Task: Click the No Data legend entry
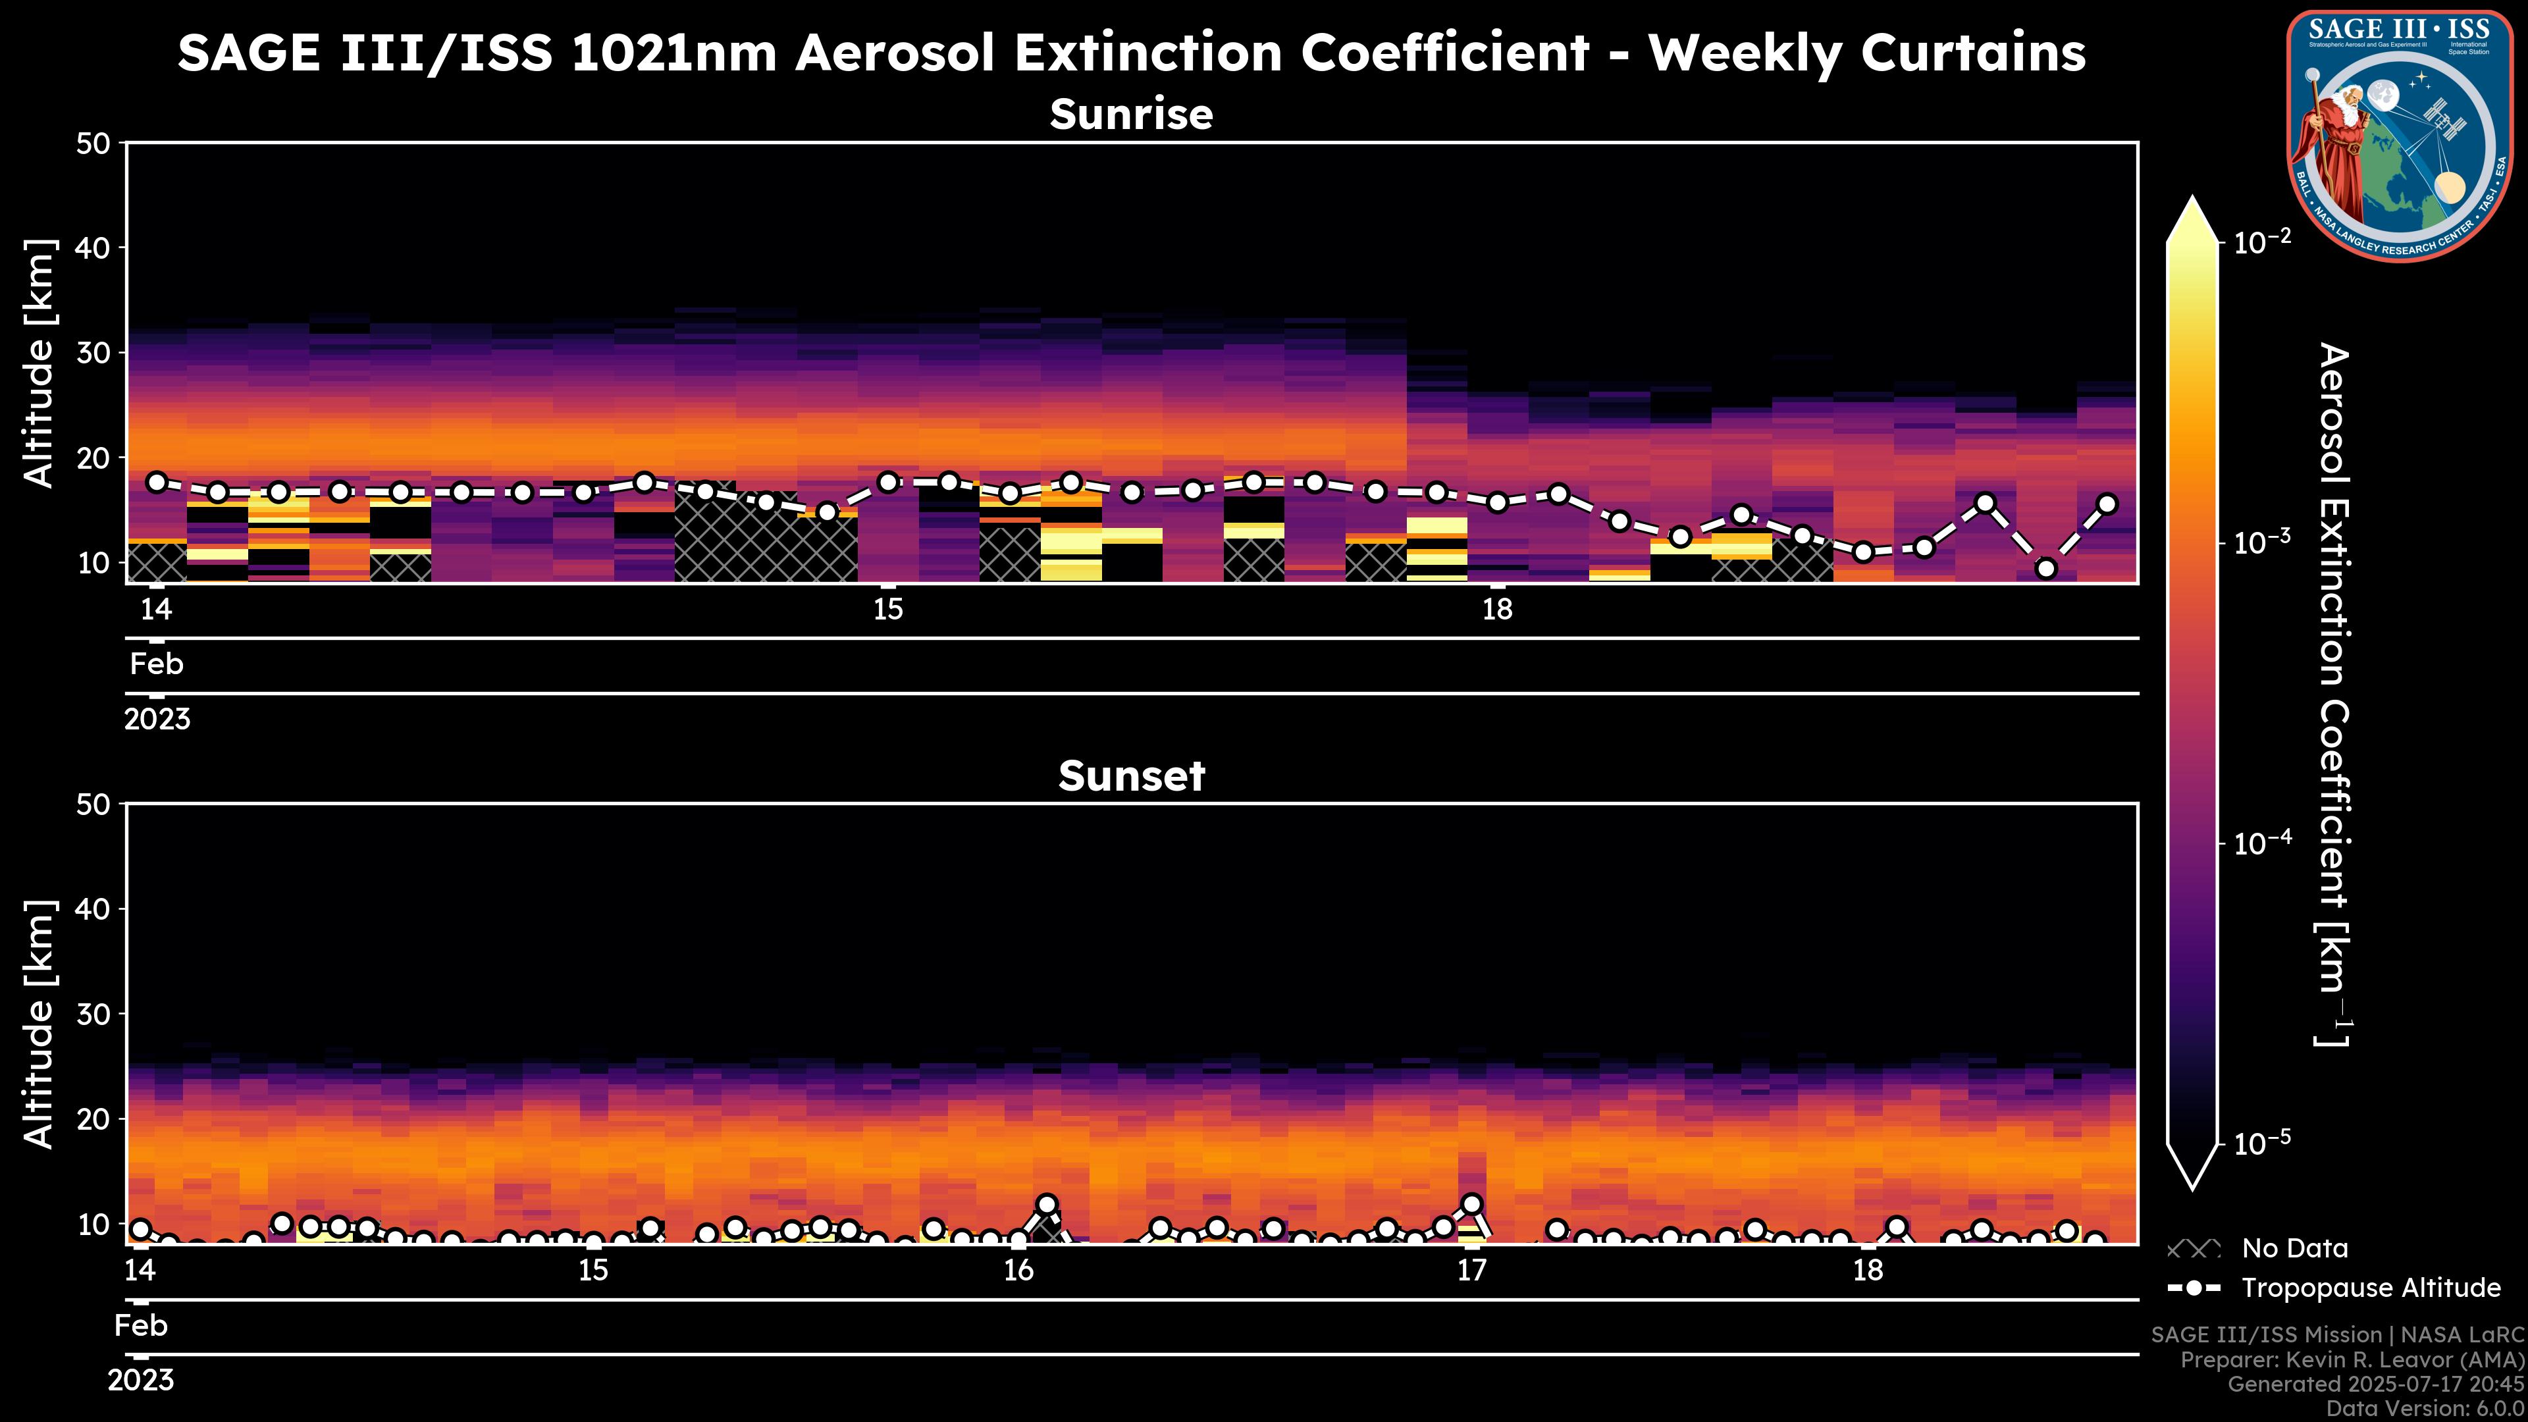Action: click(2294, 1248)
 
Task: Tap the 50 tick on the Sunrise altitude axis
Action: click(96, 144)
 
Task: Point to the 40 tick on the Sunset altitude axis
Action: click(96, 908)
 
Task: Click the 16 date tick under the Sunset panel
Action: click(1018, 1271)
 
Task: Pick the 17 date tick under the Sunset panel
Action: click(1471, 1271)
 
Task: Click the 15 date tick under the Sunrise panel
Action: click(888, 610)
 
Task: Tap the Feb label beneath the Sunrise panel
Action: click(157, 664)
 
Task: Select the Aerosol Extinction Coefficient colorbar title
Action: click(2332, 694)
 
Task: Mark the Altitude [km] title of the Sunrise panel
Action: click(39, 363)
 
